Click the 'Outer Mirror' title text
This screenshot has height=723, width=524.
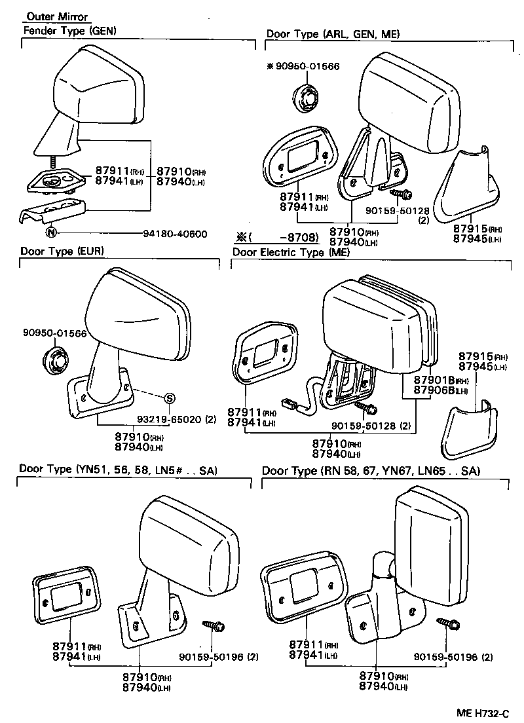(57, 17)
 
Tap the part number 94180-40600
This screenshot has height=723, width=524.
(175, 233)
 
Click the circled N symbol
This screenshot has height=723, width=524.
(51, 232)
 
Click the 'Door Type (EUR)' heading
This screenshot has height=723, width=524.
(62, 251)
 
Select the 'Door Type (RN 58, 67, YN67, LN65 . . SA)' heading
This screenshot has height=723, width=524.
(371, 471)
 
